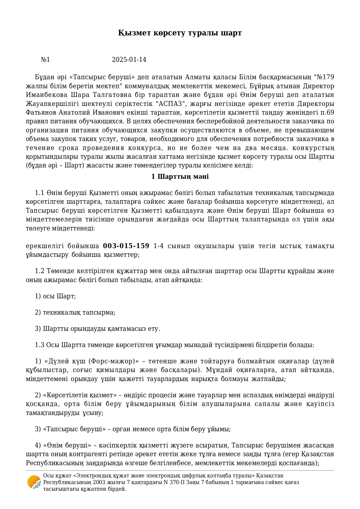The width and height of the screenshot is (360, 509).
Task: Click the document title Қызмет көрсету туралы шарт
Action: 180,33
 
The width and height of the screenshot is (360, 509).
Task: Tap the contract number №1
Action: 45,60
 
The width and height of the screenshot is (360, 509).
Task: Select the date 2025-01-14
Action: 129,60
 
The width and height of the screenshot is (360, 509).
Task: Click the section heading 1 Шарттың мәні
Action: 180,176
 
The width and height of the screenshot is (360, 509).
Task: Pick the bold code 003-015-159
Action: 126,246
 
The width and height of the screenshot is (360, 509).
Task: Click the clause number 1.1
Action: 39,193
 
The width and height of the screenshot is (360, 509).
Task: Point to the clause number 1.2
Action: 39,271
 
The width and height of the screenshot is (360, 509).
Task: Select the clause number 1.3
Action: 39,345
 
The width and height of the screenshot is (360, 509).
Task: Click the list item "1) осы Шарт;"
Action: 55,296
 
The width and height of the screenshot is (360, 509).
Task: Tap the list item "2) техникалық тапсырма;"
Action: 75,313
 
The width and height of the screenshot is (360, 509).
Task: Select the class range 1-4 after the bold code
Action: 158,246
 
